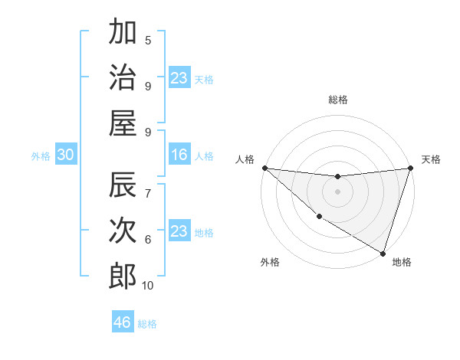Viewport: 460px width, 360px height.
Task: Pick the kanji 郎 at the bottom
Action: pos(122,277)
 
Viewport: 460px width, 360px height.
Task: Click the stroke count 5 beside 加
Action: pos(148,41)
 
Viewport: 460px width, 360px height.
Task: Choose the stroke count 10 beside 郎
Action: pos(148,286)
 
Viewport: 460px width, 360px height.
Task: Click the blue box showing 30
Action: pos(65,155)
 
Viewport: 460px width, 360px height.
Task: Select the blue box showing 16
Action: pos(179,155)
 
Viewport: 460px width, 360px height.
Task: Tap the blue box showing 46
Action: pos(123,322)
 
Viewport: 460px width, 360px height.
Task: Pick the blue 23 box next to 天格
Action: pos(179,78)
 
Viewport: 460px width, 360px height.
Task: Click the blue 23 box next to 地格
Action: pos(179,231)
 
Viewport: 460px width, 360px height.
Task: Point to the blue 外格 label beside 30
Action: pos(41,156)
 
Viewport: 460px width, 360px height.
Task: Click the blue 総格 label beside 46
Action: pos(147,324)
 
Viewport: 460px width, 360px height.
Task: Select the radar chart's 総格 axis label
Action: pos(337,100)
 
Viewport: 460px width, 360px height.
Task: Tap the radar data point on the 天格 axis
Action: pos(410,168)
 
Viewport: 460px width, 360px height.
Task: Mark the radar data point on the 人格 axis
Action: pos(264,168)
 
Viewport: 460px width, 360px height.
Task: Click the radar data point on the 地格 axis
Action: pos(383,253)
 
